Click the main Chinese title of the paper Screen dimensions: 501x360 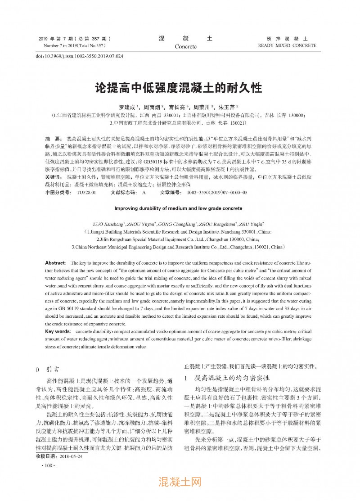[179, 87]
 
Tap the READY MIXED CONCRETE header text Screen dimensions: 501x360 [287, 45]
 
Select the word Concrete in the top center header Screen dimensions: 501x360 [185, 46]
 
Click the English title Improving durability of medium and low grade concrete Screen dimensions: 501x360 [178, 208]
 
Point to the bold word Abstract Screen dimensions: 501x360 [55, 262]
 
